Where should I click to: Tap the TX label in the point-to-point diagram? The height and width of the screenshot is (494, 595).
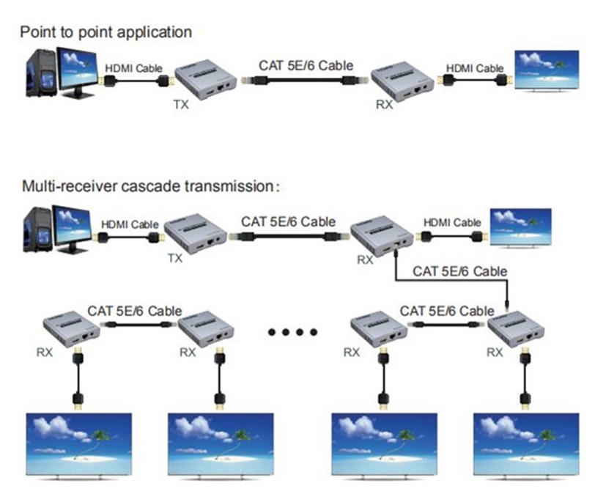(180, 105)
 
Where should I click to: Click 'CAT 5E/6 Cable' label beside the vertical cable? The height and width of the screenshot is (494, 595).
(459, 271)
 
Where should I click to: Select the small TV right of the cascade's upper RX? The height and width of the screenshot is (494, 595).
(521, 224)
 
